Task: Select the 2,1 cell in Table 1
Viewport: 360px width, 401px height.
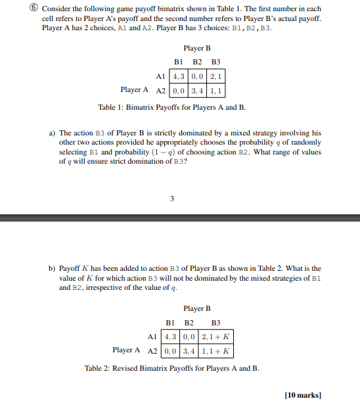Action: (x=215, y=76)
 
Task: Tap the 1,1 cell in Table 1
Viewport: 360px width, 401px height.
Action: (x=215, y=89)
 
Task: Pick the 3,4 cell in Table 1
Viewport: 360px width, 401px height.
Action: (x=197, y=89)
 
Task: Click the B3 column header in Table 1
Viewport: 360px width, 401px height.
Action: (x=215, y=62)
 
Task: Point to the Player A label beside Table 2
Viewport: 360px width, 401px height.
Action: (x=127, y=350)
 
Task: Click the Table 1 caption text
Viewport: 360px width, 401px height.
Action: (x=171, y=107)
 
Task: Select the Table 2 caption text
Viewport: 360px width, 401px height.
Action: (x=171, y=368)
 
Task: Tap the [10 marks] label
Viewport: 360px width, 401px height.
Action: (x=302, y=394)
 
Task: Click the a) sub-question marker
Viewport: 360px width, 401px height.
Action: (x=53, y=133)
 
